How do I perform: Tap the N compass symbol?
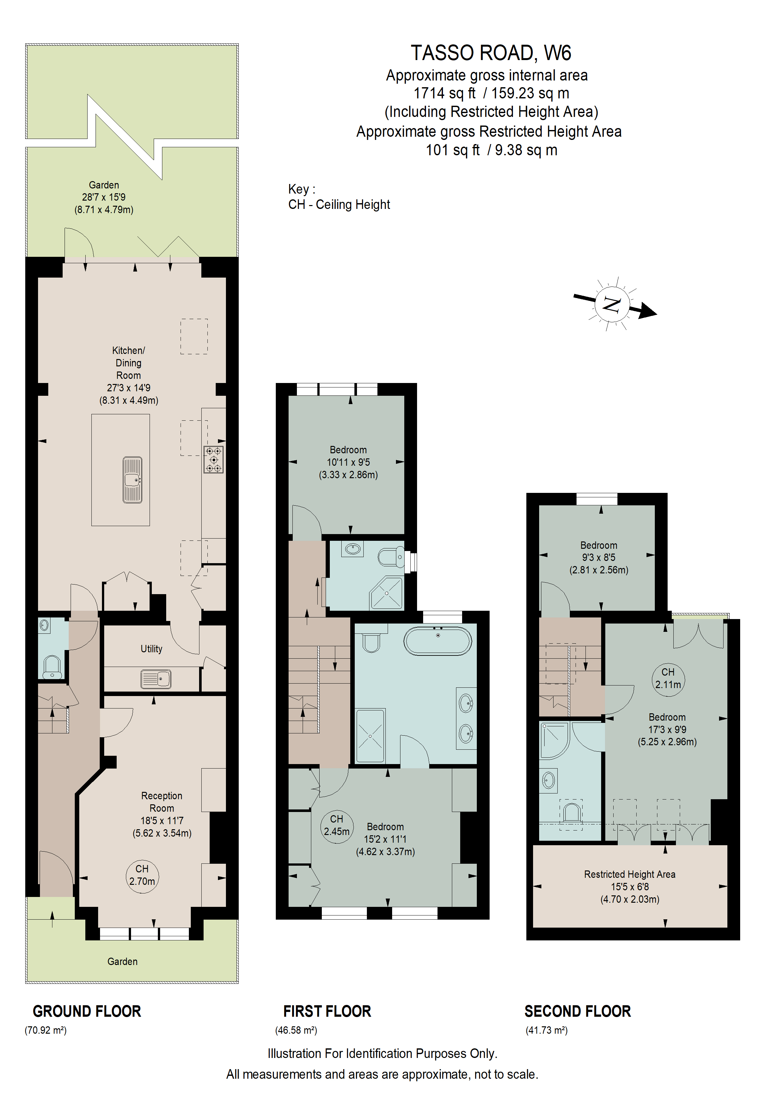(x=612, y=304)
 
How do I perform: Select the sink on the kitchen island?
(x=132, y=480)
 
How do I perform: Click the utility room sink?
(x=156, y=679)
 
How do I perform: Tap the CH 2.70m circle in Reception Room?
(x=142, y=875)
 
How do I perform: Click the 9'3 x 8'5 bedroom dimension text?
(x=599, y=557)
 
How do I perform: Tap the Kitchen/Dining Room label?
(x=128, y=363)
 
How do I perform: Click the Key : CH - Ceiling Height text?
(x=339, y=197)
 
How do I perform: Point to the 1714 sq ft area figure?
(x=444, y=93)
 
